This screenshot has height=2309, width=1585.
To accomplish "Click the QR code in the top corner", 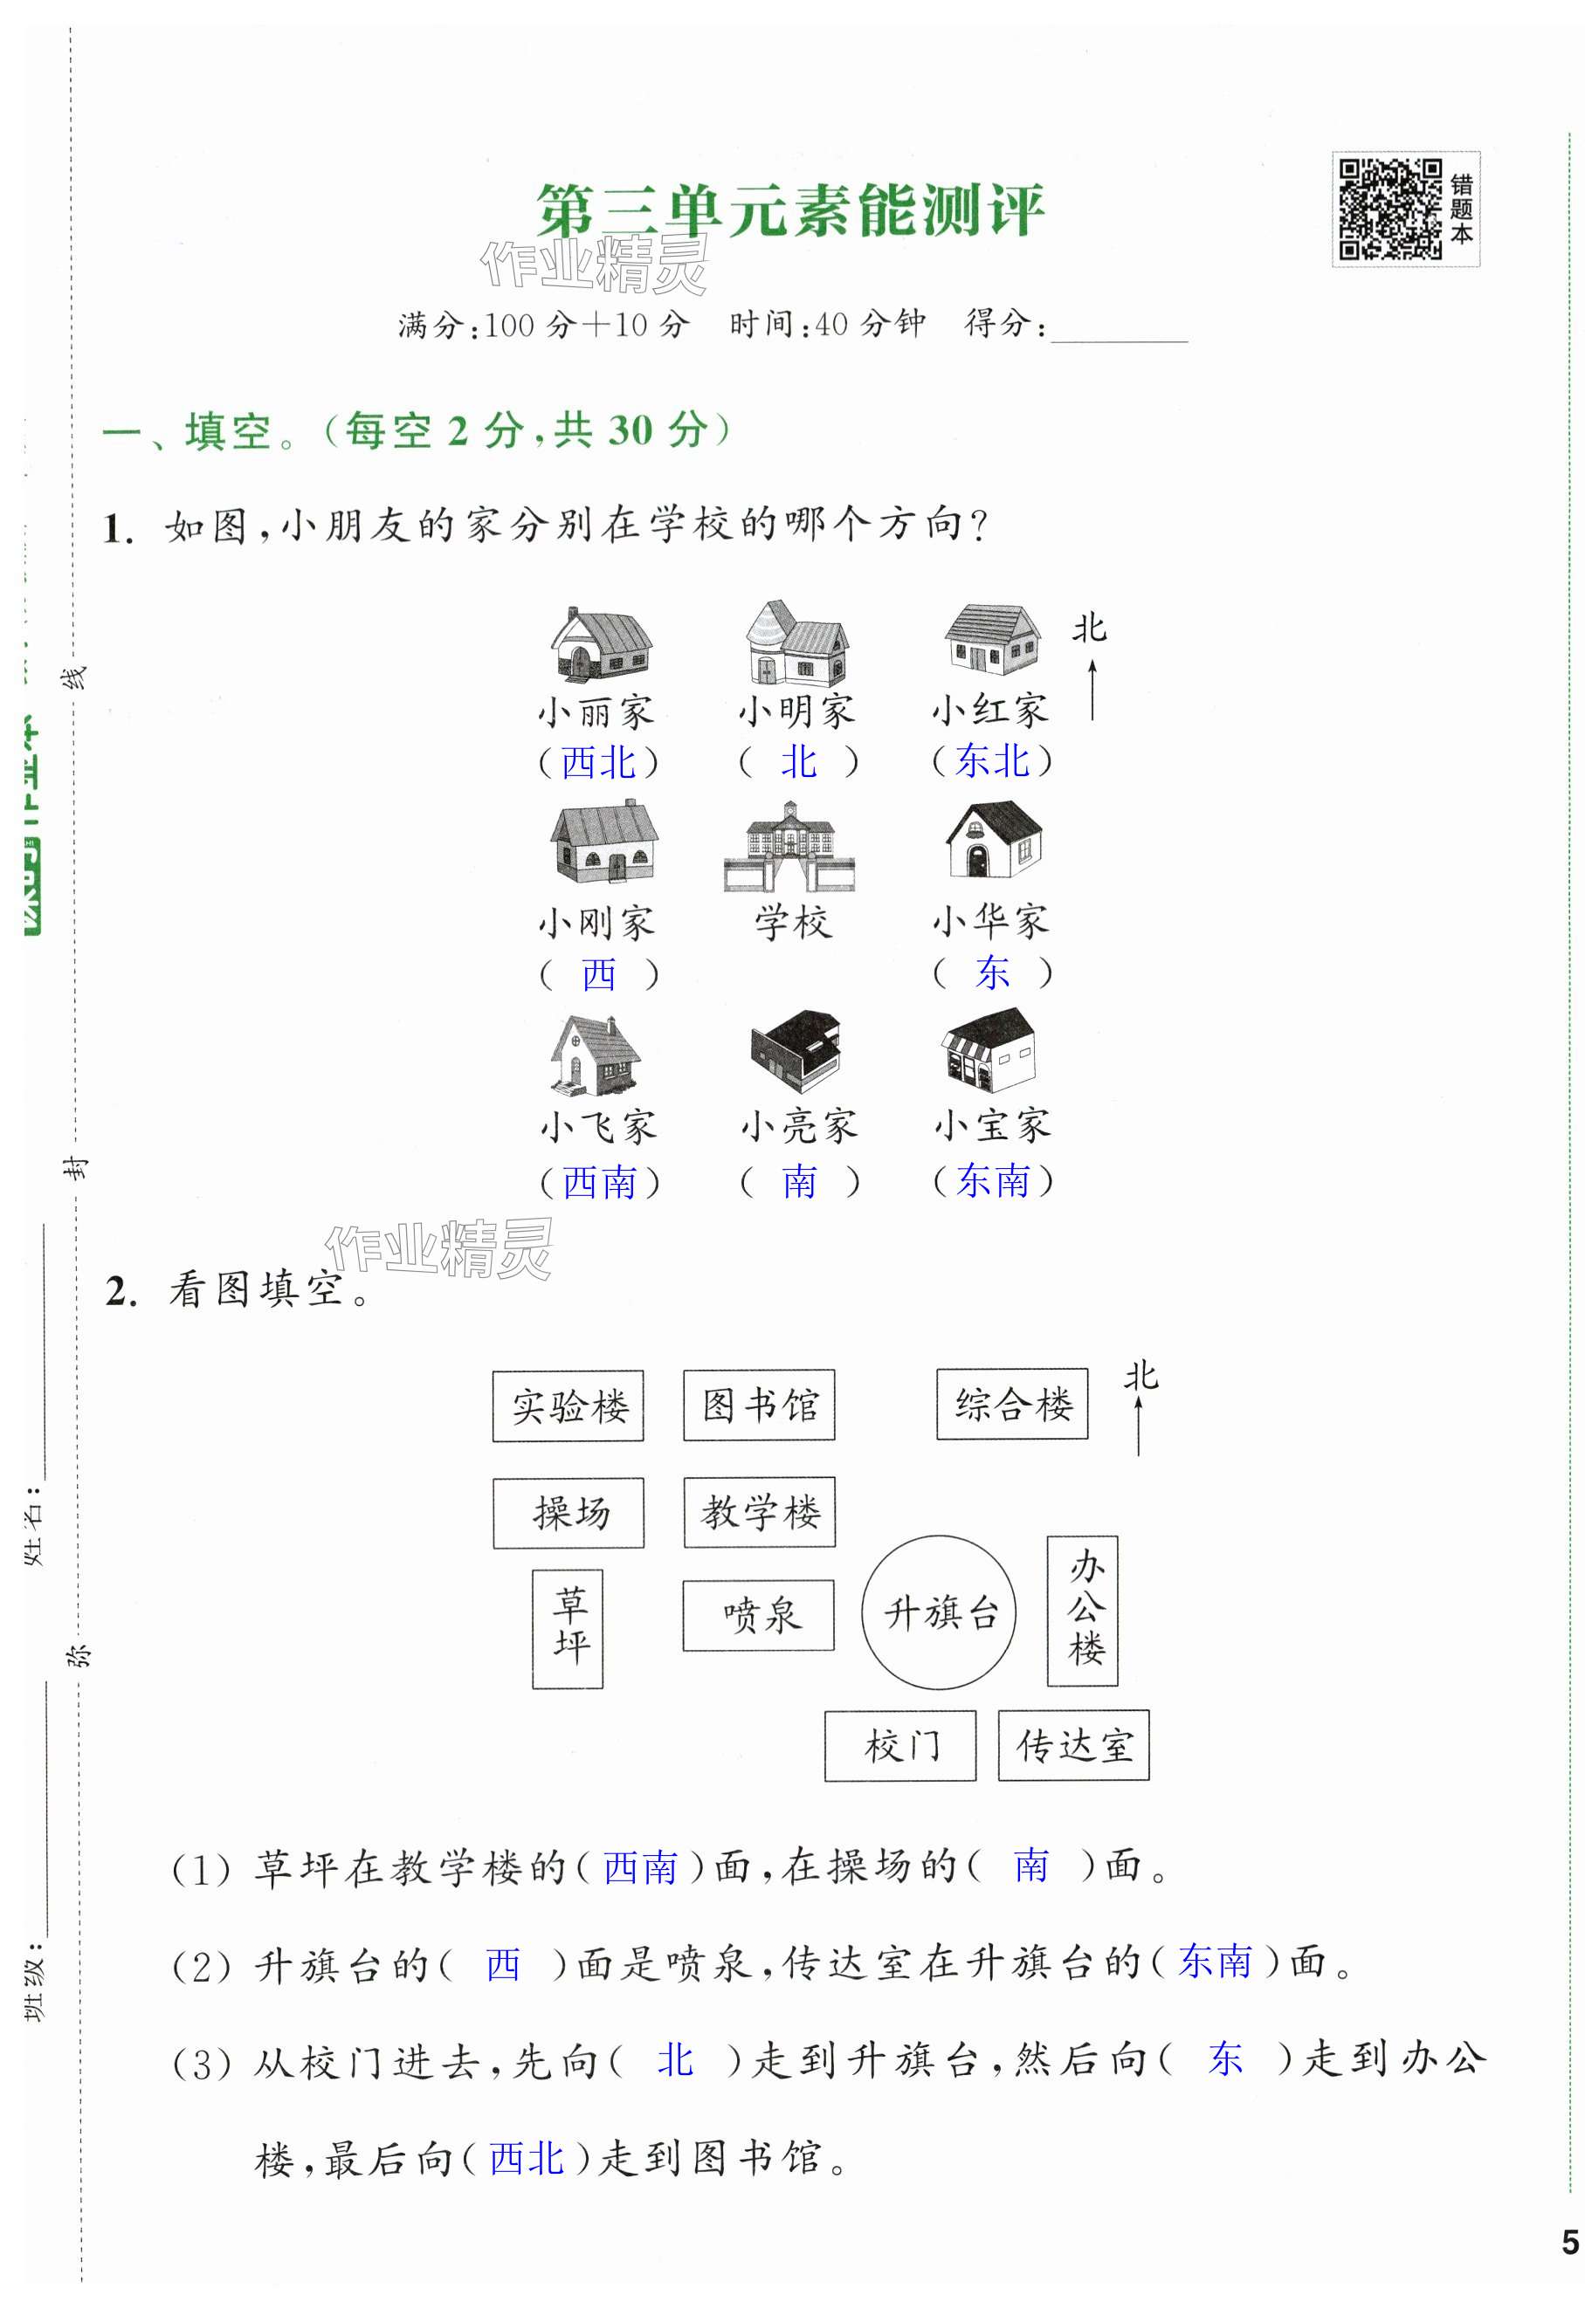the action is point(1389,210).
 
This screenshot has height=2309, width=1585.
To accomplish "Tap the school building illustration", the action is point(790,847).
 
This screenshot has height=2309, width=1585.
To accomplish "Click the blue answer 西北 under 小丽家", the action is point(598,763).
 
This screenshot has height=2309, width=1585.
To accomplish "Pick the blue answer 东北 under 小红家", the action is point(992,761).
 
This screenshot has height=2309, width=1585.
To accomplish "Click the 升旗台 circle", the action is point(939,1612).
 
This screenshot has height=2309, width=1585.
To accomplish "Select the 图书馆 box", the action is point(759,1405).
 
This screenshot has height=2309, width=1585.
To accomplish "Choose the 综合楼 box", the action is point(1011,1404).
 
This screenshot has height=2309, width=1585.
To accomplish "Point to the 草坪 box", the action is point(568,1628).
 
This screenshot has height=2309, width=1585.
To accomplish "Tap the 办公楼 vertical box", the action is point(1082,1611).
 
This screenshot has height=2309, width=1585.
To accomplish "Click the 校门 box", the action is point(900,1746).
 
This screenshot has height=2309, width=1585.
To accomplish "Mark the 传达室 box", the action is point(1073,1746).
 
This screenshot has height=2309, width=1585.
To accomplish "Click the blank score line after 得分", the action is point(1119,330).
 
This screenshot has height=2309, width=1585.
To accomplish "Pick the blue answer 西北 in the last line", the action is point(527,2159).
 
